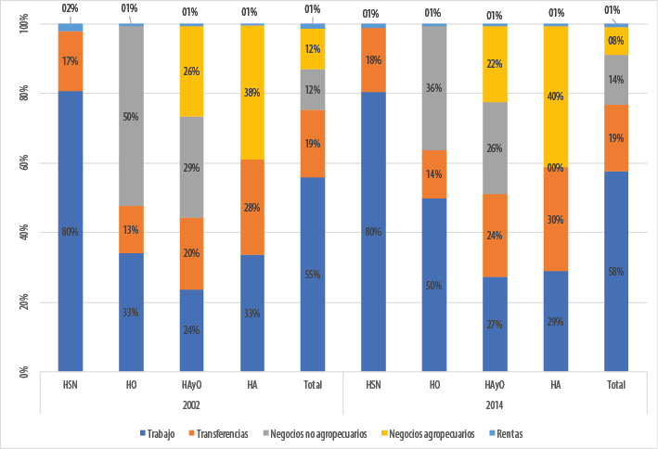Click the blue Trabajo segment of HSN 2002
pos(71,232)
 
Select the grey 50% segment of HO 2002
pos(131,116)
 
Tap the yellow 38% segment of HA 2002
pos(252,93)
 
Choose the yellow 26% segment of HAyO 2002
pos(192,71)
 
